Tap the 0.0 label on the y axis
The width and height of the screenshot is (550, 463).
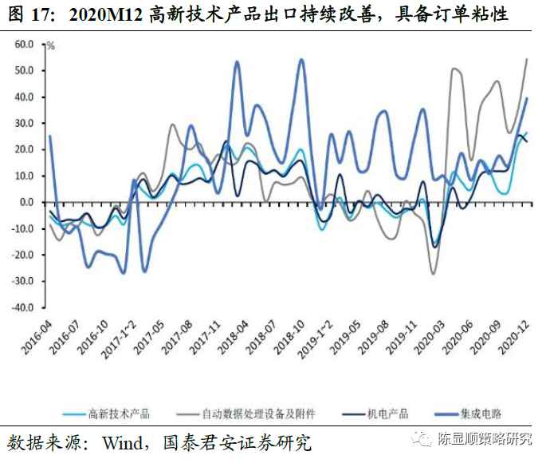(26, 203)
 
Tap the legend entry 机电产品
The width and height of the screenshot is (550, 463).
(387, 414)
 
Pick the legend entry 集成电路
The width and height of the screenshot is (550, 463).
(481, 414)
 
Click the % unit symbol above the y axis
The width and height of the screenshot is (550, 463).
(50, 46)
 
